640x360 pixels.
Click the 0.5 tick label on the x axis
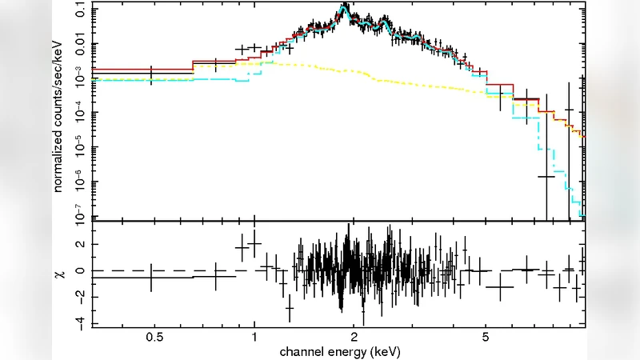pos(154,338)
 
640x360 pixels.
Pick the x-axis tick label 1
pos(254,338)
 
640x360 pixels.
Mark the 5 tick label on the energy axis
pos(486,338)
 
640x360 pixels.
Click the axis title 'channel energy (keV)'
pos(339,351)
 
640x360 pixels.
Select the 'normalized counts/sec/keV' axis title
pos(60,112)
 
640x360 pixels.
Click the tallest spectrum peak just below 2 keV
pos(345,7)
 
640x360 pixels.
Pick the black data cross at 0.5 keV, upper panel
pos(151,74)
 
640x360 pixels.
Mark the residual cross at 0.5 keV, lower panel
pos(151,277)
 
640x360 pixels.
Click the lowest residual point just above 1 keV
pos(290,307)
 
